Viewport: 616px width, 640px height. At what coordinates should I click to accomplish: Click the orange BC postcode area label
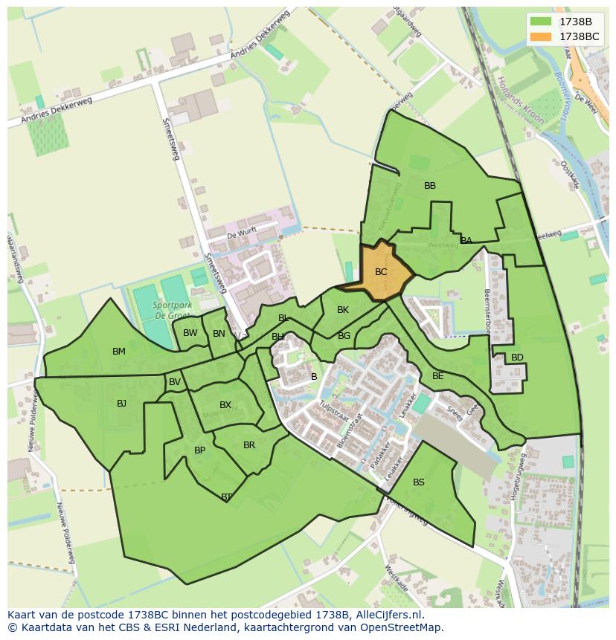pos(381,272)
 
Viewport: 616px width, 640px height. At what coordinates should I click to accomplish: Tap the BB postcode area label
pos(430,186)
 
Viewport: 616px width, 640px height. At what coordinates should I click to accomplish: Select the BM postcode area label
pos(119,352)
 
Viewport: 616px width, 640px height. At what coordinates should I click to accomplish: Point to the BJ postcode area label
pos(121,404)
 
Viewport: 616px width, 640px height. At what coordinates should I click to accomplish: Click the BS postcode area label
pos(419,482)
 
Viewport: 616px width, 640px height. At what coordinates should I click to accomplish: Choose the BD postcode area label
pos(517,358)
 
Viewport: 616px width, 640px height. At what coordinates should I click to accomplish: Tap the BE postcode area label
pos(437,376)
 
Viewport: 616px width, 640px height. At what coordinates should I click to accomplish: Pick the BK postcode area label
pos(343,310)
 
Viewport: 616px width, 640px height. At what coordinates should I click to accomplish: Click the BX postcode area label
pos(225,405)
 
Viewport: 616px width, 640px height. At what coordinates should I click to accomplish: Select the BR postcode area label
pos(249,445)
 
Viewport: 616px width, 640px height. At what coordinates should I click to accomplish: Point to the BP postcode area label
pos(199,450)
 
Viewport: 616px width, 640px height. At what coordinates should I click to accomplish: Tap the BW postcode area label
pos(190,333)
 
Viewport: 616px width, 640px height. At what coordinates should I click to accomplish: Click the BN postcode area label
pos(219,334)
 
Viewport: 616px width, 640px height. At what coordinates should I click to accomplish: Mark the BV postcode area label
pos(175,382)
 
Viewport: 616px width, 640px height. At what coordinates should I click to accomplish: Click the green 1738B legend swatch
pos(541,22)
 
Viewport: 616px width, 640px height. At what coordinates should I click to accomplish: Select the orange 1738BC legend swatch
pos(541,36)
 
